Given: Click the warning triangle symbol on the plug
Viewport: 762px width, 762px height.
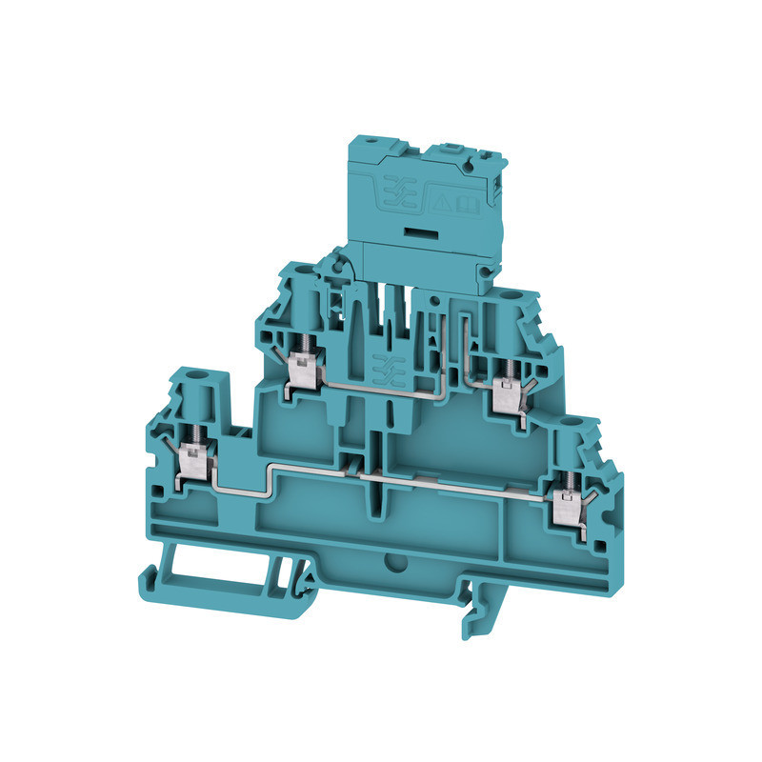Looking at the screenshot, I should coord(442,201).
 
